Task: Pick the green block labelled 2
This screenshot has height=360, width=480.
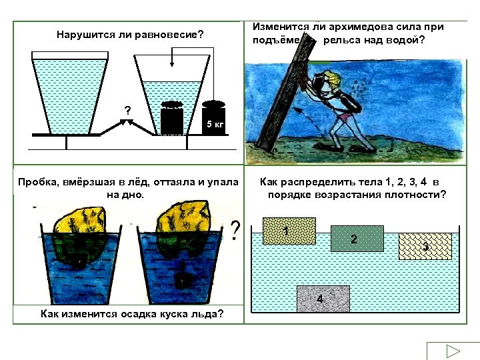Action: point(357,238)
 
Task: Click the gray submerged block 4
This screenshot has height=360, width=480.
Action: point(323,299)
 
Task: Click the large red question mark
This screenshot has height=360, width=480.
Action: point(235,231)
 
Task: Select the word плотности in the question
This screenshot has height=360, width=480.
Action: point(417,195)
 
